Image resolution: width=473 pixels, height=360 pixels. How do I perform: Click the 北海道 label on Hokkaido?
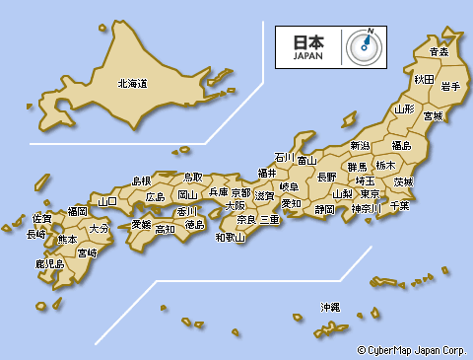pyautogui.click(x=132, y=84)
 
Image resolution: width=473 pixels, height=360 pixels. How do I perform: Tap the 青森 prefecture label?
pyautogui.click(x=439, y=51)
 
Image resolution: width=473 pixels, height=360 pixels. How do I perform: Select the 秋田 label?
pyautogui.click(x=424, y=78)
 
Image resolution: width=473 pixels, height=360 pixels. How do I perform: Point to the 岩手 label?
pyautogui.click(x=452, y=87)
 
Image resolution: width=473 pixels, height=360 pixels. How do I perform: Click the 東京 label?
pyautogui.click(x=371, y=194)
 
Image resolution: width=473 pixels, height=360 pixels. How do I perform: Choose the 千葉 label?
pyautogui.click(x=399, y=205)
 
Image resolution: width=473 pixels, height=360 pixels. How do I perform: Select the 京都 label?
pyautogui.click(x=240, y=192)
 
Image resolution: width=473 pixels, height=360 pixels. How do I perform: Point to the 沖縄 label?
pyautogui.click(x=329, y=307)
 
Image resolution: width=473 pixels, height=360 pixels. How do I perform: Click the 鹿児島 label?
pyautogui.click(x=49, y=264)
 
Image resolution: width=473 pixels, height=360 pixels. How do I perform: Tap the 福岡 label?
pyautogui.click(x=77, y=211)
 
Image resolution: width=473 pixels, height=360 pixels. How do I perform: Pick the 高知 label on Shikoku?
pyautogui.click(x=165, y=229)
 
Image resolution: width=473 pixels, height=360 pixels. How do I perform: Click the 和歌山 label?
pyautogui.click(x=230, y=237)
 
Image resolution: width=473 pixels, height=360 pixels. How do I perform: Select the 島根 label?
pyautogui.click(x=142, y=181)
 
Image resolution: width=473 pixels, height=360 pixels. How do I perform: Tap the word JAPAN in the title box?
pyautogui.click(x=307, y=56)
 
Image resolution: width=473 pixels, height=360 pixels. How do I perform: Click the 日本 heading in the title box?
pyautogui.click(x=307, y=42)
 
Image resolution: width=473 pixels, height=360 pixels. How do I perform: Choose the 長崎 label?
pyautogui.click(x=35, y=235)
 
